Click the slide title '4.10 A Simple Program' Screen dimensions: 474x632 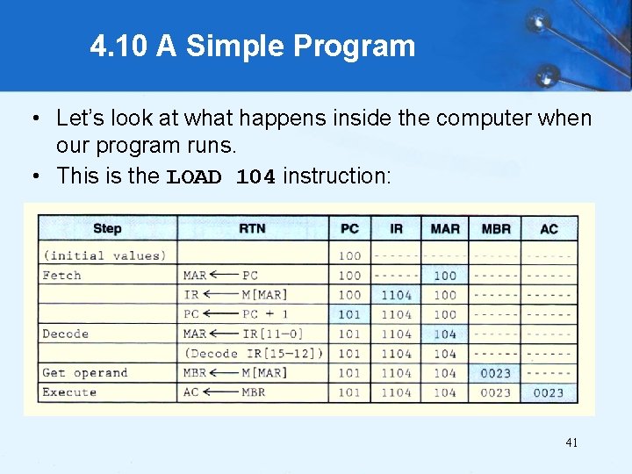[x=252, y=47]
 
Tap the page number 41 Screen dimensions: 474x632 [x=571, y=443]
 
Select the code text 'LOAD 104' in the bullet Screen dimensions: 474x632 [x=221, y=176]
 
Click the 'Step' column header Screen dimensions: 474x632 [x=107, y=229]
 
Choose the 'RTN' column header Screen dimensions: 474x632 [x=253, y=229]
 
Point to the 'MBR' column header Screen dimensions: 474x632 [x=496, y=229]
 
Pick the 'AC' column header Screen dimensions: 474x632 [x=549, y=229]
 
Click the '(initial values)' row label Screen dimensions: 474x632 [x=104, y=256]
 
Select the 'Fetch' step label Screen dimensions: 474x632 [x=62, y=276]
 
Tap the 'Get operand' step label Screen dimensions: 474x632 [x=85, y=373]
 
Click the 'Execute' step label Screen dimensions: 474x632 [x=69, y=392]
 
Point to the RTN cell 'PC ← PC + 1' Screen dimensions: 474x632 [x=235, y=314]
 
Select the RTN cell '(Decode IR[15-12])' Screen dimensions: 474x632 [x=254, y=354]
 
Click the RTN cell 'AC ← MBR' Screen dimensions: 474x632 [x=224, y=392]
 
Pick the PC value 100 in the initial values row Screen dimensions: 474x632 [x=349, y=256]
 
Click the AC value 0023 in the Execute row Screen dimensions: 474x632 [x=549, y=392]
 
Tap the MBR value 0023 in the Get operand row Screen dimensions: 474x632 [x=496, y=373]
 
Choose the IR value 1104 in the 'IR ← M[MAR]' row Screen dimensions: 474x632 [x=396, y=295]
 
